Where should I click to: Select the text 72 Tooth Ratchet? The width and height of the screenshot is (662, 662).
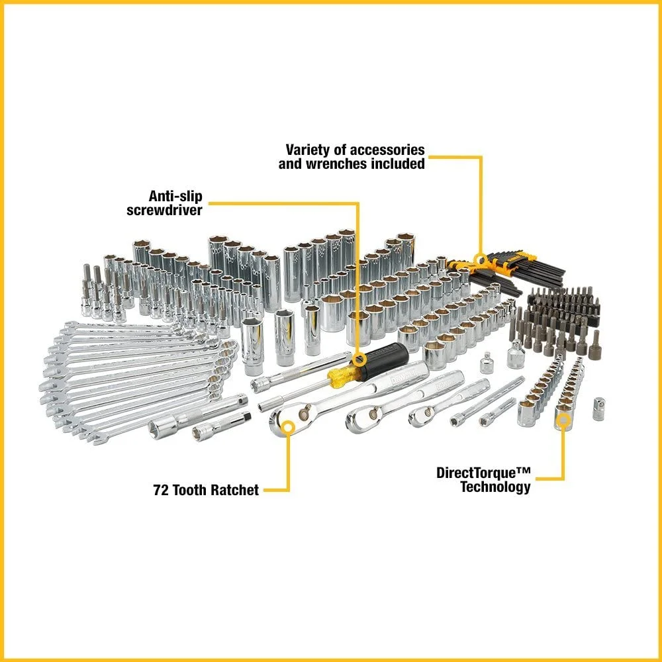[x=205, y=491]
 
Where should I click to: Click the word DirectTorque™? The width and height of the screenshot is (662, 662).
[x=483, y=473]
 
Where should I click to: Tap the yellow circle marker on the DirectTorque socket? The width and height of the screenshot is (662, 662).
[x=563, y=418]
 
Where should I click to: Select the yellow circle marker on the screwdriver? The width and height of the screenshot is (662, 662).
[x=358, y=359]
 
